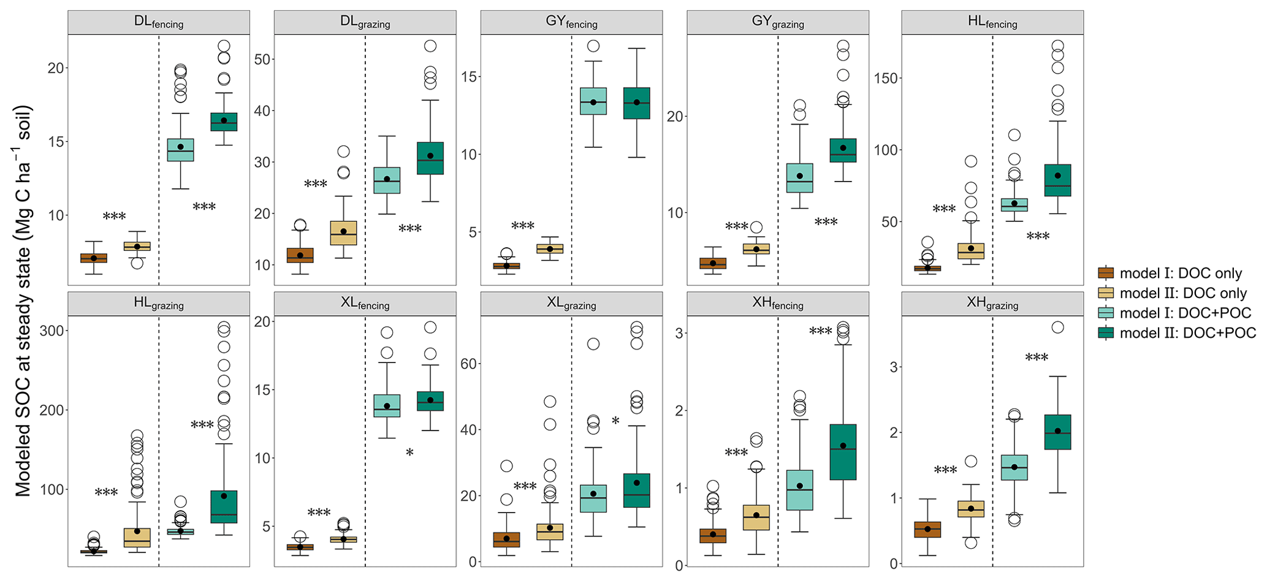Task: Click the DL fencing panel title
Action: point(158,22)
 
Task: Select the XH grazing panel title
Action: point(992,304)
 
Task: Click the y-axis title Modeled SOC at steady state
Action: point(23,301)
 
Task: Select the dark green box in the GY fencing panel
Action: point(637,103)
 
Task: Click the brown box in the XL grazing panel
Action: point(506,540)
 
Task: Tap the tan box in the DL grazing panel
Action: point(343,233)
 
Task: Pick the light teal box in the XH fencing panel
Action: point(799,490)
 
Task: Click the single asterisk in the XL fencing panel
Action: point(409,453)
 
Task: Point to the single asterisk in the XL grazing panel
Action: point(615,421)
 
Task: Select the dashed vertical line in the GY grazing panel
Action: point(778,159)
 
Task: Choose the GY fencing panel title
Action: point(571,22)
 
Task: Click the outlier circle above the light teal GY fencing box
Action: point(593,46)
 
